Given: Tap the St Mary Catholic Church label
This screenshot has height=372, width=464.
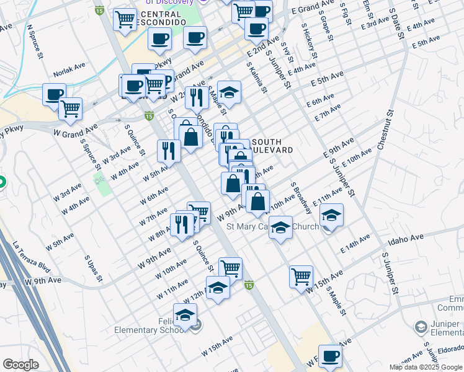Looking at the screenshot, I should click(272, 226).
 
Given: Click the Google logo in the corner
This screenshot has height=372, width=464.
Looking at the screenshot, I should click(20, 365).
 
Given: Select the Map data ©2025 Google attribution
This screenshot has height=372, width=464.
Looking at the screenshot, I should click(426, 367).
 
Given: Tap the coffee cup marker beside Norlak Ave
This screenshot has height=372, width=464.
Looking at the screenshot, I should click(54, 95).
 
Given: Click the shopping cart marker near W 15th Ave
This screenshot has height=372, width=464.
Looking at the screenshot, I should click(301, 277).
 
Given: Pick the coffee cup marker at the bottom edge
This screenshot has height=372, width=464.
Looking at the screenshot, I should click(330, 356).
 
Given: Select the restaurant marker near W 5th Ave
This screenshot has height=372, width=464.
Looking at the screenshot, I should click(169, 149).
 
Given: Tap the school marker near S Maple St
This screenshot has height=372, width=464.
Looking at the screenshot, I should click(229, 92).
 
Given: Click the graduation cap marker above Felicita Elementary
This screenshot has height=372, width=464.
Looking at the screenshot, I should click(185, 315).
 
